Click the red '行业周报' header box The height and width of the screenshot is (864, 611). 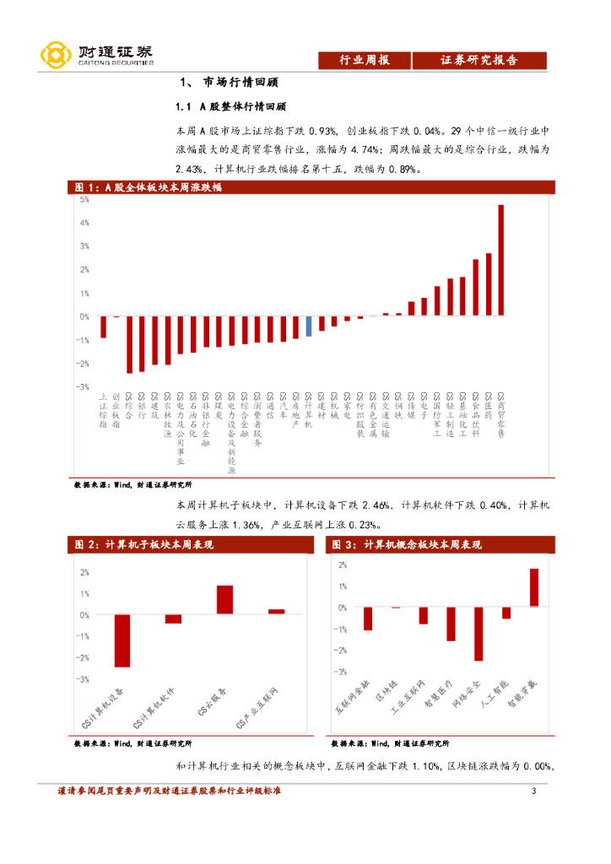(364, 60)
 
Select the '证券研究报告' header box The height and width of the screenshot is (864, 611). (479, 60)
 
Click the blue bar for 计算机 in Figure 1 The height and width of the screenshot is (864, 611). (309, 327)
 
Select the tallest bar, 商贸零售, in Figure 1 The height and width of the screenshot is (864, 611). (501, 260)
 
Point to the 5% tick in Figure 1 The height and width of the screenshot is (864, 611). (84, 200)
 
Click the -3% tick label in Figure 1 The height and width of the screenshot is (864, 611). (83, 386)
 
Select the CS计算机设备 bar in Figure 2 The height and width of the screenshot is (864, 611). (122, 640)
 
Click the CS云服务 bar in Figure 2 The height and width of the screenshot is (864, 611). (224, 599)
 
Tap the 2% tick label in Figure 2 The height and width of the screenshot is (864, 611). (84, 572)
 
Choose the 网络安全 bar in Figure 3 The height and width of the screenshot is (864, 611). (479, 634)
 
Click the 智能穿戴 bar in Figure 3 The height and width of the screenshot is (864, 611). (534, 587)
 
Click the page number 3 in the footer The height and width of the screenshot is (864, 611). (533, 791)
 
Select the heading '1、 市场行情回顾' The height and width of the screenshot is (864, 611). (230, 84)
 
